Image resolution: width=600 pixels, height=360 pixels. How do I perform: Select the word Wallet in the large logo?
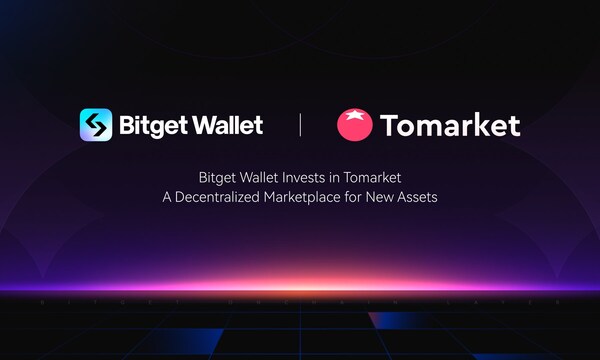coord(227,126)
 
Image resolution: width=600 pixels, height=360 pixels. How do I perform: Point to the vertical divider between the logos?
coord(301,126)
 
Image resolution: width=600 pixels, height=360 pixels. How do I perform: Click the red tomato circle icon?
coord(354,126)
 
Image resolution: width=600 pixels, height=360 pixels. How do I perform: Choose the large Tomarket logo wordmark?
coord(449,126)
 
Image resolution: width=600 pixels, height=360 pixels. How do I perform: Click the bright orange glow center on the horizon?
coord(300,284)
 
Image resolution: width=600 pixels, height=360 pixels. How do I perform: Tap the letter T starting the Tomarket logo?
coord(388,126)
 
